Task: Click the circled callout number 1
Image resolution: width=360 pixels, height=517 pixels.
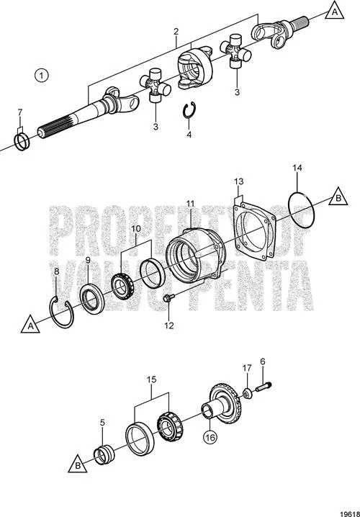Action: (x=42, y=76)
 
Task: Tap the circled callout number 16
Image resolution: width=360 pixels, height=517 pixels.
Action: (x=210, y=437)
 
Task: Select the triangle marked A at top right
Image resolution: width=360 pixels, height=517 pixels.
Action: (x=335, y=12)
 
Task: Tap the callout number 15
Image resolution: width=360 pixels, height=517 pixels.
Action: (x=151, y=379)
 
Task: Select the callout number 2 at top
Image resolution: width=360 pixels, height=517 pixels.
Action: (x=176, y=32)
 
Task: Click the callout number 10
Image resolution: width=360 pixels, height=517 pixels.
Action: (x=136, y=228)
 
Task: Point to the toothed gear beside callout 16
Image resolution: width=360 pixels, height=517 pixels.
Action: (x=228, y=404)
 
